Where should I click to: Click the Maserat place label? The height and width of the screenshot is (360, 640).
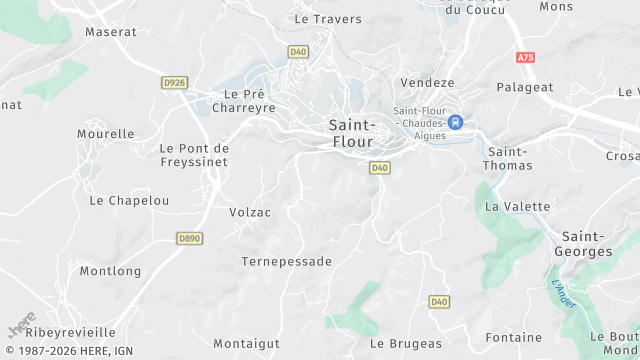[x=110, y=32]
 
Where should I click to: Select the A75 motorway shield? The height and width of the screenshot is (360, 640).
[x=526, y=57]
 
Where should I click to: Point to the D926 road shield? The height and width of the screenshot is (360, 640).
[x=174, y=81]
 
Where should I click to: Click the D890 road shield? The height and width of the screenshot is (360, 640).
[x=189, y=238]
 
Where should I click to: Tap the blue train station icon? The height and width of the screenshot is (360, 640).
[x=456, y=122]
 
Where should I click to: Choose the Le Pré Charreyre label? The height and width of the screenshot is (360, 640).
[x=242, y=101]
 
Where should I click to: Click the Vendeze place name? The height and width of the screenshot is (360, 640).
[x=427, y=82]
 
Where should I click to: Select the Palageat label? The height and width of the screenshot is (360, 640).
[x=525, y=87]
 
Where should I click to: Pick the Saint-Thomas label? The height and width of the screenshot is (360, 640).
[x=508, y=158]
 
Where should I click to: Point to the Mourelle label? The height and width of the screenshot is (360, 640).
[x=106, y=133]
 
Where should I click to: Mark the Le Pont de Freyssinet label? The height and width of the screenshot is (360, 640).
[x=194, y=155]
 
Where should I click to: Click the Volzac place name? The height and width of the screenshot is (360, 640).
[x=250, y=212]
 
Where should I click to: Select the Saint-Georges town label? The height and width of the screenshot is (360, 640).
[x=586, y=243]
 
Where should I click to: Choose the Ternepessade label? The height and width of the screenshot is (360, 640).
[x=286, y=261]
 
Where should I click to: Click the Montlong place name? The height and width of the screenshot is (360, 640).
[x=110, y=271]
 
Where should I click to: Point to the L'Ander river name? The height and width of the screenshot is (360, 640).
[x=564, y=295]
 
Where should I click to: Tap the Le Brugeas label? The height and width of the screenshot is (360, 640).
[x=405, y=343]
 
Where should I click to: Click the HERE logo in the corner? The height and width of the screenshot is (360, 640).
[x=21, y=326]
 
